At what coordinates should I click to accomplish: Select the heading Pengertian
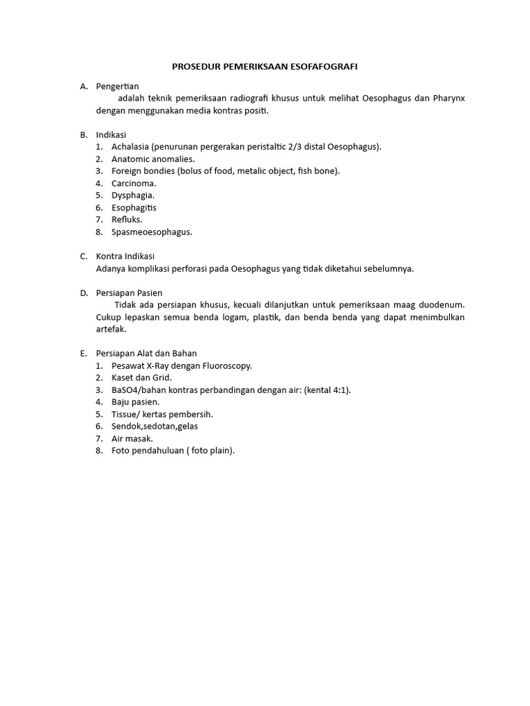[x=117, y=86]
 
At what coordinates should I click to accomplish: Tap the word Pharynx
[x=449, y=98]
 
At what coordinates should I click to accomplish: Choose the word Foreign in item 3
[x=126, y=171]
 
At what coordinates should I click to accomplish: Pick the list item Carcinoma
[x=134, y=183]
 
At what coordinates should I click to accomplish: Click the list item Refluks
[x=127, y=220]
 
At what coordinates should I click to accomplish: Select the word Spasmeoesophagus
[x=151, y=232]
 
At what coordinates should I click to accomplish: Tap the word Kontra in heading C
[x=110, y=256]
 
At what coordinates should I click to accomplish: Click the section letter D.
[x=84, y=293]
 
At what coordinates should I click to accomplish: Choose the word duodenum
[x=441, y=305]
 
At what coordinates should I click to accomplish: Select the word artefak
[x=110, y=330]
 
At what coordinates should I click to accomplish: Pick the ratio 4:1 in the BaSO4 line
[x=338, y=390]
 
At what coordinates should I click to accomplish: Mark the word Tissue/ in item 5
[x=126, y=414]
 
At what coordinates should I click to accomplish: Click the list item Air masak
[x=132, y=438]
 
